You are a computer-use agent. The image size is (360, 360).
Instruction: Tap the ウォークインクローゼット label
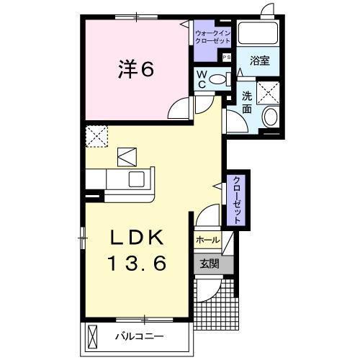pos(212,37)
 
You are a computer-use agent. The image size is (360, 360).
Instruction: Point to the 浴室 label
pos(260,60)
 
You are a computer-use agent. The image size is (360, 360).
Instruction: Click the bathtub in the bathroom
pos(258,34)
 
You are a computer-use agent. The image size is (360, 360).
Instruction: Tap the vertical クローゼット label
pos(236,199)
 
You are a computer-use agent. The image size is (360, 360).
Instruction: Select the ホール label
pos(207,240)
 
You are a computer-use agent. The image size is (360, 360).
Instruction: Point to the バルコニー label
pos(140,336)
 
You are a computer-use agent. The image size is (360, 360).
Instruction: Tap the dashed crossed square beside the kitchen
pos(96,135)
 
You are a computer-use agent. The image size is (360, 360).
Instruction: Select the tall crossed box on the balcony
pos(92,336)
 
